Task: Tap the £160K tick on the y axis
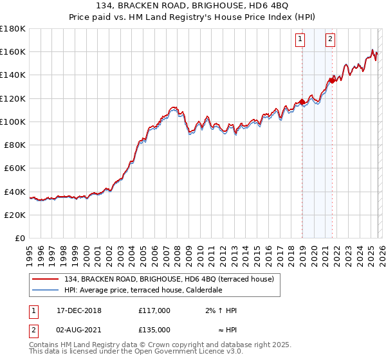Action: [13, 51]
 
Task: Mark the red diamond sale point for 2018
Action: [302, 102]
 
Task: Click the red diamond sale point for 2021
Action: [332, 80]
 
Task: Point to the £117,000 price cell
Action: [154, 310]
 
